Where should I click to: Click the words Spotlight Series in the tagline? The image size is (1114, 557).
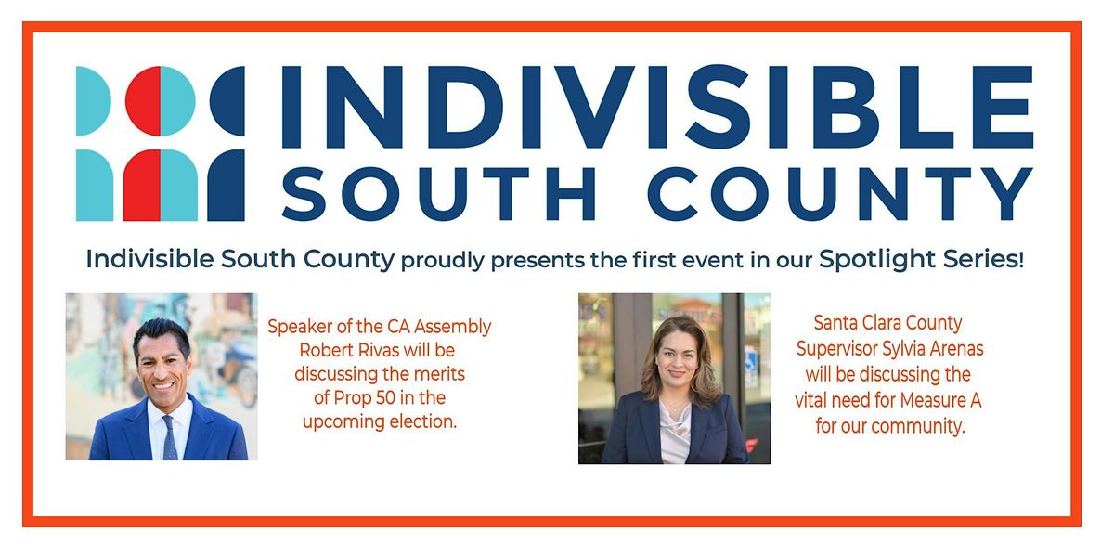(919, 259)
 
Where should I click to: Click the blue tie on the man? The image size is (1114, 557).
(169, 439)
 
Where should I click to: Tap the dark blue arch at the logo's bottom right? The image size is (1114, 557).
(226, 186)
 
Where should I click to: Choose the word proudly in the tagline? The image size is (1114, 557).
(443, 260)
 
